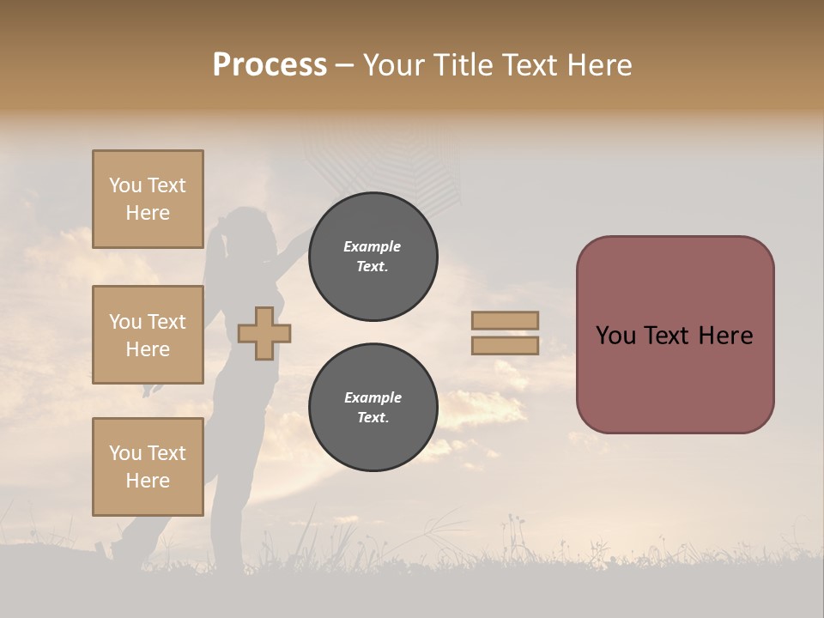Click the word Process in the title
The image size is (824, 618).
(x=270, y=65)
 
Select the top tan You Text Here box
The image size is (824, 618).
(x=148, y=199)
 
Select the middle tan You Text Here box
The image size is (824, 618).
(x=148, y=335)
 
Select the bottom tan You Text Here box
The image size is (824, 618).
(x=148, y=466)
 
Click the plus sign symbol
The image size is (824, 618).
(x=264, y=333)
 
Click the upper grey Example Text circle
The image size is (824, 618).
(x=373, y=257)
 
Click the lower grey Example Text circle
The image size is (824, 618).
(x=373, y=407)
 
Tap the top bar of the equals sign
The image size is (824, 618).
(x=505, y=320)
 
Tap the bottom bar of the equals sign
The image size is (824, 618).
(x=505, y=345)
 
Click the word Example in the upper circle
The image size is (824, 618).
(x=373, y=246)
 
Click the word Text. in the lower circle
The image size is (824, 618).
(x=373, y=417)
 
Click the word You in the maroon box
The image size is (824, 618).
(x=615, y=336)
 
